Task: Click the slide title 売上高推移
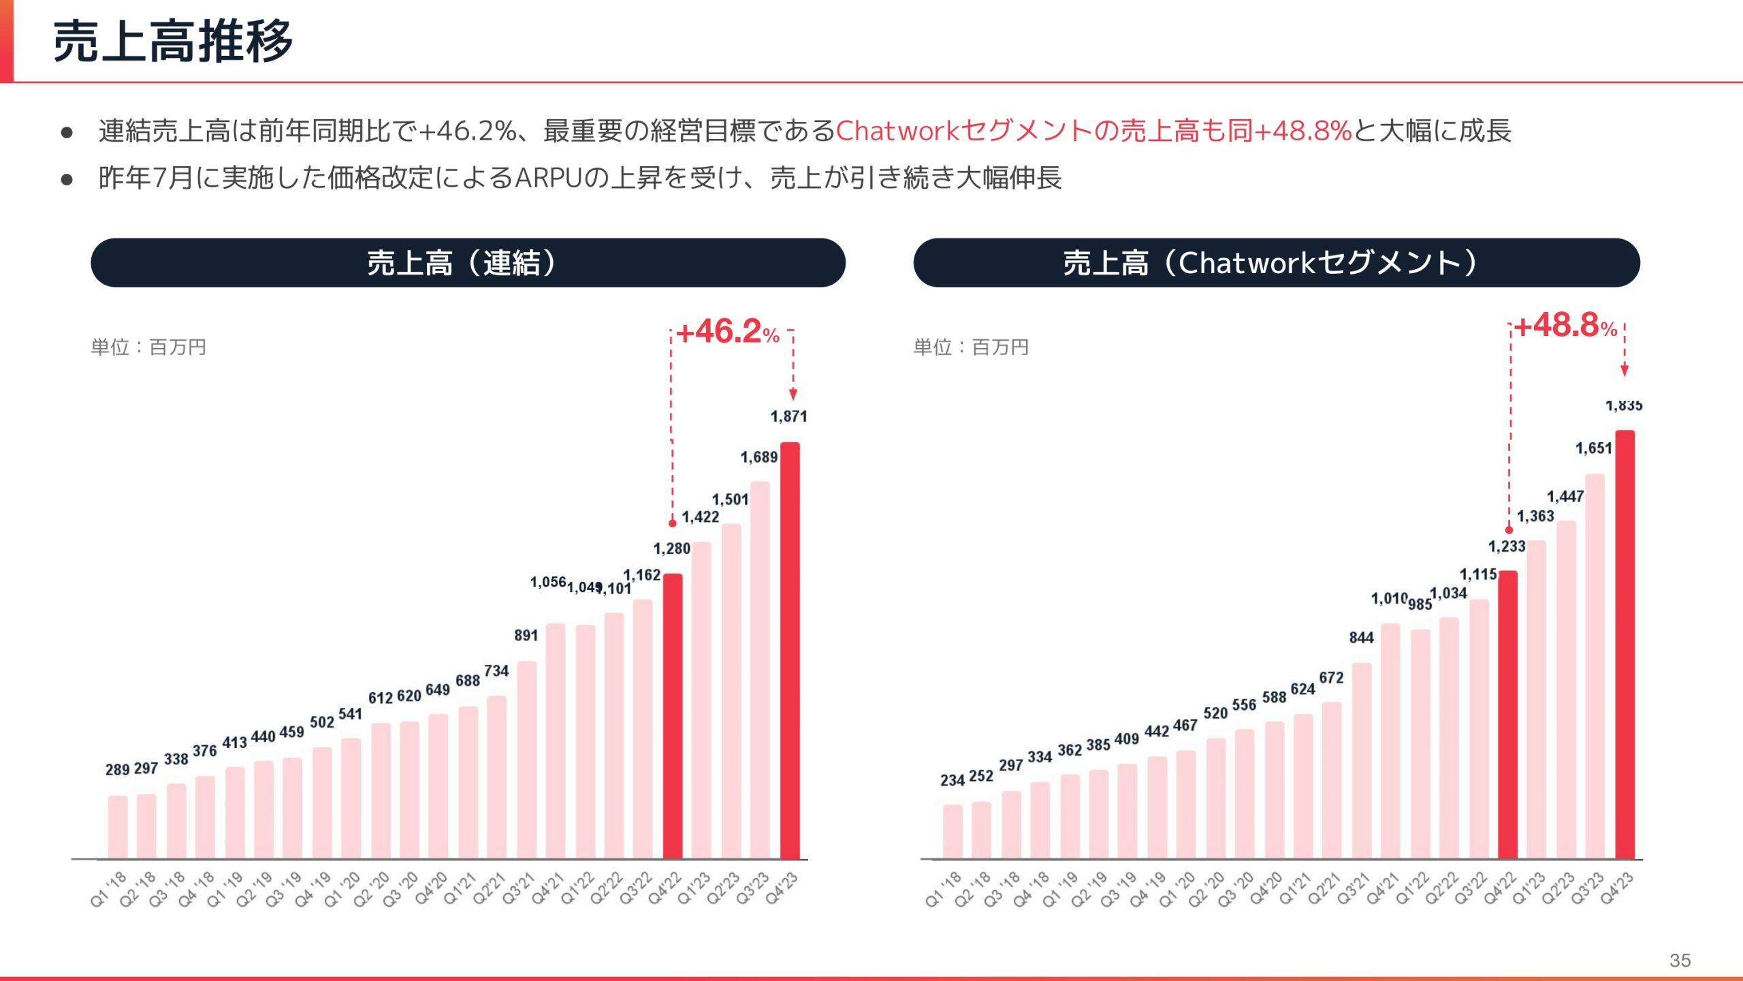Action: [173, 42]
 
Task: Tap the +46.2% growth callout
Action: [727, 332]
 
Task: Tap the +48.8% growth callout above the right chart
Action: [1565, 326]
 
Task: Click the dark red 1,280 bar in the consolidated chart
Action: [673, 715]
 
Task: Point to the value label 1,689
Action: [758, 457]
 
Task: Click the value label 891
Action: [526, 636]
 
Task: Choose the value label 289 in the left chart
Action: [117, 770]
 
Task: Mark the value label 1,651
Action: [1593, 448]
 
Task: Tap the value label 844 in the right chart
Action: [1361, 638]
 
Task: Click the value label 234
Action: [952, 780]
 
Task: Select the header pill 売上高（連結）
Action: [468, 263]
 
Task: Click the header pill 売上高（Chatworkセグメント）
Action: [1276, 263]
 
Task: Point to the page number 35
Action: [1680, 961]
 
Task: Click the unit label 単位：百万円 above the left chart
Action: [148, 347]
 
